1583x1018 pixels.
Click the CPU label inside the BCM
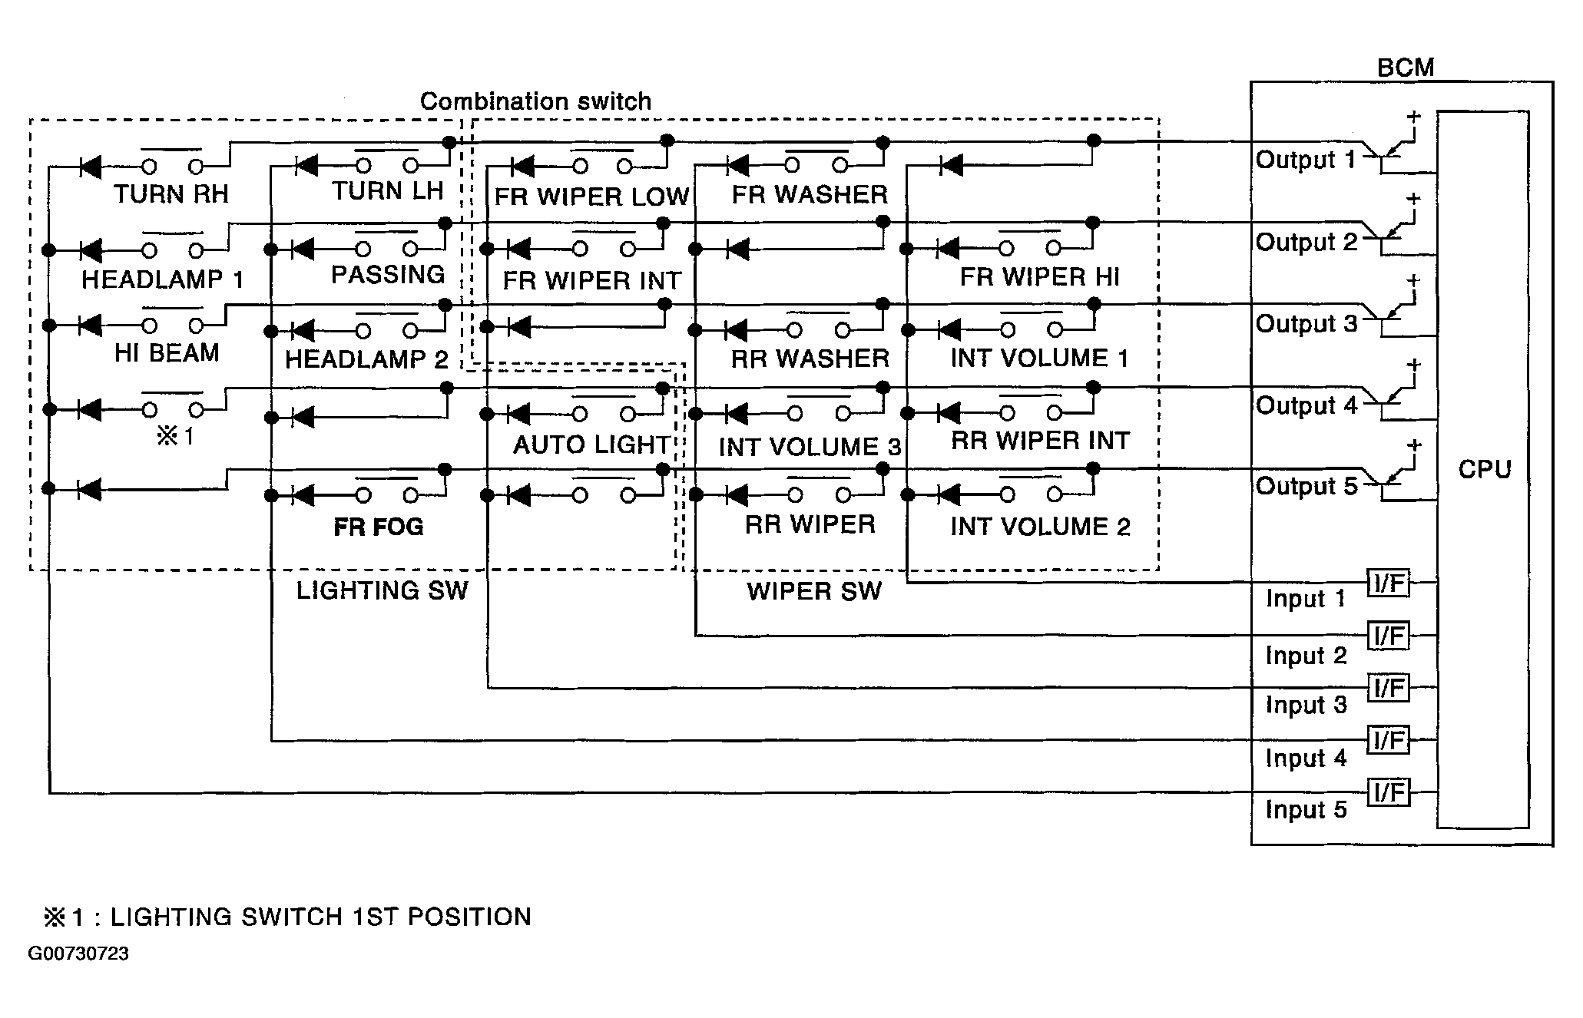coord(1484,469)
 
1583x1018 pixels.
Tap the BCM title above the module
coord(1405,68)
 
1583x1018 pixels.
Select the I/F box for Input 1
coord(1389,583)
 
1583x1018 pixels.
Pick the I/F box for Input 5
coord(1389,792)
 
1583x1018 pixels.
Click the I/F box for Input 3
coord(1389,688)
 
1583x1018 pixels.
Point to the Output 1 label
coord(1306,160)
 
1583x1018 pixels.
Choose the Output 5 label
coord(1306,486)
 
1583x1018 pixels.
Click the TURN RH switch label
coord(171,194)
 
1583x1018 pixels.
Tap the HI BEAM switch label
coord(167,353)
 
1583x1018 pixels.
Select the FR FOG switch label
coord(379,527)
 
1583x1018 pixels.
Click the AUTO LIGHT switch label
coord(591,445)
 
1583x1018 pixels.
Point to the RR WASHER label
coord(810,359)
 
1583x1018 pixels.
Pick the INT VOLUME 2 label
coord(1040,527)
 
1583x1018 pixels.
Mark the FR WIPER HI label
coord(1040,277)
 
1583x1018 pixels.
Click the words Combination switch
coord(535,101)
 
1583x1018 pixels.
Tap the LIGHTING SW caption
coord(382,590)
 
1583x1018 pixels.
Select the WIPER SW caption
coord(814,591)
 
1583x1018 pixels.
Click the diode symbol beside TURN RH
coord(91,166)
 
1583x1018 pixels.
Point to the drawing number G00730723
coord(78,954)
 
